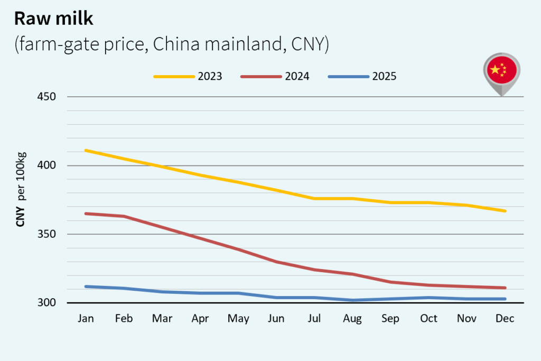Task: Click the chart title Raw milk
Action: tap(53, 18)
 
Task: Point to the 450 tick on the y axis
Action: tap(46, 97)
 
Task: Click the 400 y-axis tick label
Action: tap(46, 165)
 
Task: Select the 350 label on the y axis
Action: tap(46, 234)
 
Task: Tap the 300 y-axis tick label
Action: tap(46, 303)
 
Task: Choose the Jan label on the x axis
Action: tap(86, 319)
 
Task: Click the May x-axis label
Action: tap(238, 319)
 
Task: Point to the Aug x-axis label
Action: tap(352, 319)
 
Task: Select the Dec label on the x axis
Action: tap(505, 319)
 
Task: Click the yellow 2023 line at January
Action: tap(86, 150)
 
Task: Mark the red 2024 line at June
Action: tap(276, 262)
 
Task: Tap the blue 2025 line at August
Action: tap(352, 300)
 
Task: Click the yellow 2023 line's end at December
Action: tap(505, 211)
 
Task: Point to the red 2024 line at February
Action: tap(124, 216)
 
